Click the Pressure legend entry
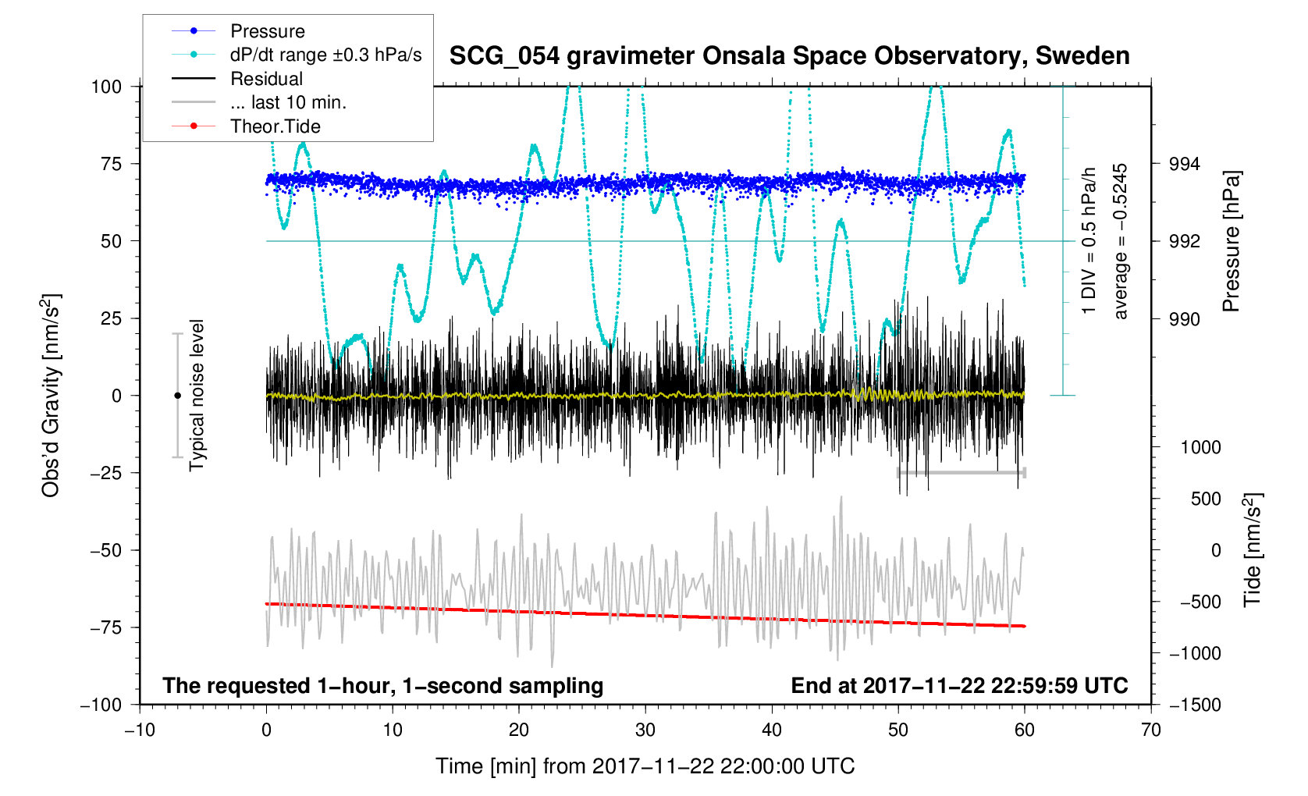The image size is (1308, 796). [x=267, y=31]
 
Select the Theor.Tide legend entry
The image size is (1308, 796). [x=275, y=126]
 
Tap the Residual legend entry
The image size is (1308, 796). [x=266, y=79]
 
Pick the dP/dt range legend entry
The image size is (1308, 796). [x=325, y=55]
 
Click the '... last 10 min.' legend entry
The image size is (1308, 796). [x=288, y=102]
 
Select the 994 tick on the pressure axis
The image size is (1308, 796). [x=1184, y=164]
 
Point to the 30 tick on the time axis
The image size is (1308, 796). [x=645, y=730]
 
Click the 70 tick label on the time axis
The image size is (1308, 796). [x=1151, y=730]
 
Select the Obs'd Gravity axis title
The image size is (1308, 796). [x=52, y=395]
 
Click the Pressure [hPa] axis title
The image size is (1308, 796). [x=1232, y=242]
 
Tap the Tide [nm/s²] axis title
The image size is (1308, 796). [x=1252, y=549]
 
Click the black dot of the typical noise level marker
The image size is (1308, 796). [x=177, y=396]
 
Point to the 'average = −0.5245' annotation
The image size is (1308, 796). [x=1121, y=241]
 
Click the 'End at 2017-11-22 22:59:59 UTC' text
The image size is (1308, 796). [x=959, y=686]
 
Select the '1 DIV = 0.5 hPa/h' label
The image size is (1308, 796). [x=1089, y=241]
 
